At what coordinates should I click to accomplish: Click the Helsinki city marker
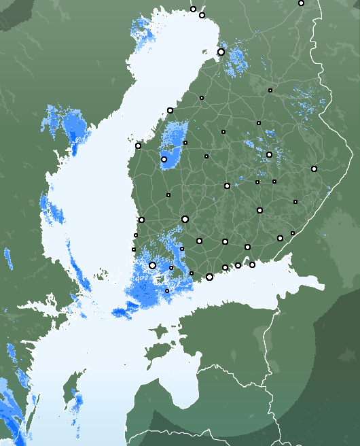[x=209, y=277]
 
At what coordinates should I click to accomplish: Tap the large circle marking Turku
[x=152, y=265]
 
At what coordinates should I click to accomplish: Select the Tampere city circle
[x=185, y=219]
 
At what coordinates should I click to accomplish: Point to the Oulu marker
[x=221, y=52]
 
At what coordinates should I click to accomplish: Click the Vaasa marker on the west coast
[x=138, y=145]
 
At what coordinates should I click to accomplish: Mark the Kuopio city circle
[x=269, y=154]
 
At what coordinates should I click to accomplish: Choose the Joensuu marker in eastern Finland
[x=314, y=169]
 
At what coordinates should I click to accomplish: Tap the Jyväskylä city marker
[x=227, y=186]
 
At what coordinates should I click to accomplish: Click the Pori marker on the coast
[x=141, y=220]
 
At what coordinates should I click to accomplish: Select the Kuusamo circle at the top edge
[x=301, y=3]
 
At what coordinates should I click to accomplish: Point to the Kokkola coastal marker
[x=170, y=110]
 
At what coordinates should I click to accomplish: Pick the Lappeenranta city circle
[x=280, y=238]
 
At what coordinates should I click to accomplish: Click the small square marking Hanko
[x=167, y=291]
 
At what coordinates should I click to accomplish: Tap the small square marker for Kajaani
[x=270, y=90]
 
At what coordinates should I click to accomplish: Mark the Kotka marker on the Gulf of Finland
[x=252, y=264]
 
